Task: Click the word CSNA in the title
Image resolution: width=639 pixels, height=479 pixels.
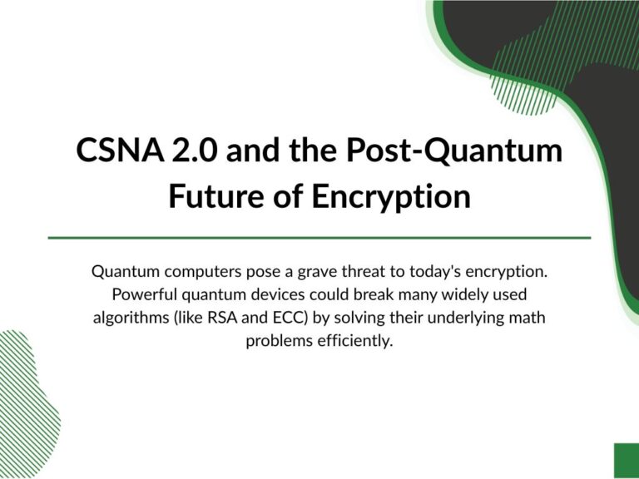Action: click(x=120, y=150)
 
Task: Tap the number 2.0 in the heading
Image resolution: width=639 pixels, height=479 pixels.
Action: click(x=193, y=150)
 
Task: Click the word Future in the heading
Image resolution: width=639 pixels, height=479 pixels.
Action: click(x=217, y=196)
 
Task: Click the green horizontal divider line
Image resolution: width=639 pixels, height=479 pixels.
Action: click(x=319, y=238)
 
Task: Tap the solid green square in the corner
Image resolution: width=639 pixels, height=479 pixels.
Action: click(x=627, y=461)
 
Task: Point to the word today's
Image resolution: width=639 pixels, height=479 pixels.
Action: click(x=435, y=272)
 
